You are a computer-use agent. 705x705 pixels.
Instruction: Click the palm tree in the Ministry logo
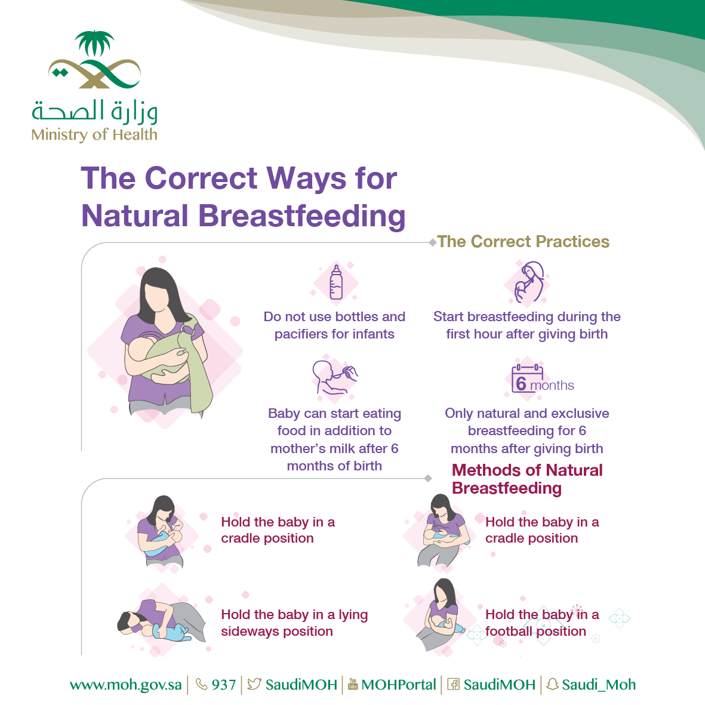tap(94, 43)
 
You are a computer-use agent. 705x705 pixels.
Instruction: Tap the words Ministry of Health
tap(94, 134)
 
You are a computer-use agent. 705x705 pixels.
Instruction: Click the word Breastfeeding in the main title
tap(301, 216)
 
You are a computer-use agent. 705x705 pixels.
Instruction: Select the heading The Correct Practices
tap(524, 241)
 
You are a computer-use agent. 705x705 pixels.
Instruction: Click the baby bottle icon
tap(336, 282)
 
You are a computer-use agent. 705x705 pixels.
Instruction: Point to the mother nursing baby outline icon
tap(529, 281)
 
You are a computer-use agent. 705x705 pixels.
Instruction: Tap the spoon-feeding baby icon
tap(334, 377)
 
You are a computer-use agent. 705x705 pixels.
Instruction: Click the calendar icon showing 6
tap(527, 378)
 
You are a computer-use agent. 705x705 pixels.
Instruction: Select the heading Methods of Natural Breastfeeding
tap(527, 479)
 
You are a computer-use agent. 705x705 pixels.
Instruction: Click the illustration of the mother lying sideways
tap(161, 621)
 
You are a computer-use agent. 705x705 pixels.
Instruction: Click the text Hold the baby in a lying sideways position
tap(294, 623)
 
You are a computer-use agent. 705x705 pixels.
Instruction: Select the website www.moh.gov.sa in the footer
tap(125, 685)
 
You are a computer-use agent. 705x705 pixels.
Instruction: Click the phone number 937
tap(223, 685)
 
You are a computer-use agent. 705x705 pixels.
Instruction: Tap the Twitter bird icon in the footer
tap(254, 684)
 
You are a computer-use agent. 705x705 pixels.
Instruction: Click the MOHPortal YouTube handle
tap(398, 685)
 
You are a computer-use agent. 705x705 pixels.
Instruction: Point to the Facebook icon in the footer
tap(453, 684)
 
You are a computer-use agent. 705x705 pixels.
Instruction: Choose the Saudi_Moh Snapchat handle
tap(598, 685)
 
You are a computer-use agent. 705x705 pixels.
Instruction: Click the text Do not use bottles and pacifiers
tap(334, 325)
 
